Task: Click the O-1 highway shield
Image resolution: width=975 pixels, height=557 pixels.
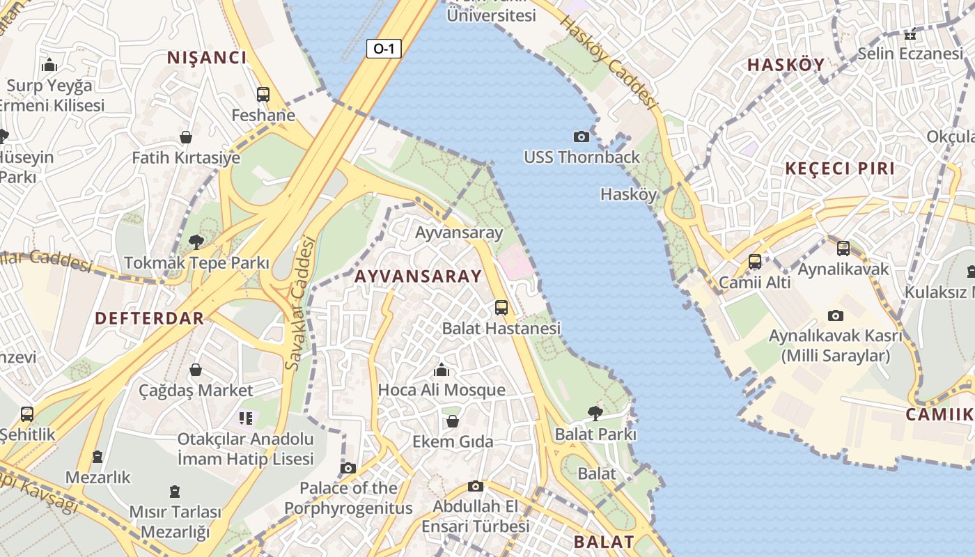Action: [x=384, y=49]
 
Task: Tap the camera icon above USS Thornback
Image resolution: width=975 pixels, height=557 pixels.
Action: [x=581, y=136]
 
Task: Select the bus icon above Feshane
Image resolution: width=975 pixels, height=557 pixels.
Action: [x=263, y=95]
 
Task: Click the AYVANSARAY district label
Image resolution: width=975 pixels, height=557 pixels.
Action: [x=418, y=276]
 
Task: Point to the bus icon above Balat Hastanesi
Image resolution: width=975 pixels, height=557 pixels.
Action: [x=501, y=307]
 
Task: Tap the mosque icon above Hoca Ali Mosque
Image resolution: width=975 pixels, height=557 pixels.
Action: [x=442, y=369]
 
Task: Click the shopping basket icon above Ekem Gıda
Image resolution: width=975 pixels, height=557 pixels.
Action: [x=453, y=421]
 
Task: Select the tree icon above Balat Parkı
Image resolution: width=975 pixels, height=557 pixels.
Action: [x=595, y=414]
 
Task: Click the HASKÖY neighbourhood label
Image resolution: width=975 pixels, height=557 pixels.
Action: [x=786, y=65]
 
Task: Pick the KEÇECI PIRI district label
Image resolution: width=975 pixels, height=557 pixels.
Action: [x=840, y=169]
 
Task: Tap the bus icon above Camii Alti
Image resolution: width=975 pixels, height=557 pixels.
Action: [x=755, y=262]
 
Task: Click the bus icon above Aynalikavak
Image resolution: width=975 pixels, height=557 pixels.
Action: [x=843, y=248]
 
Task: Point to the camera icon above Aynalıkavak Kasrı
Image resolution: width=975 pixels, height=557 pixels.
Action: [x=835, y=315]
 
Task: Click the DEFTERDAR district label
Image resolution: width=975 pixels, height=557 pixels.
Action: [x=149, y=318]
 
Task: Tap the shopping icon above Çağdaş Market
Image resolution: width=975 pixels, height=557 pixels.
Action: [x=196, y=369]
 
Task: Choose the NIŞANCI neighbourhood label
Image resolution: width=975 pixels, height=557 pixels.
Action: [x=207, y=58]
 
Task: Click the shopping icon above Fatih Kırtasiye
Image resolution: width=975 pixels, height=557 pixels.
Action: [x=186, y=137]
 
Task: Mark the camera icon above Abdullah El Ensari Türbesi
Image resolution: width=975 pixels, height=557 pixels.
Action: [x=476, y=486]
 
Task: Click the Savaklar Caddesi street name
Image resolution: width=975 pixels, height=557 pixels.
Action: [x=302, y=303]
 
